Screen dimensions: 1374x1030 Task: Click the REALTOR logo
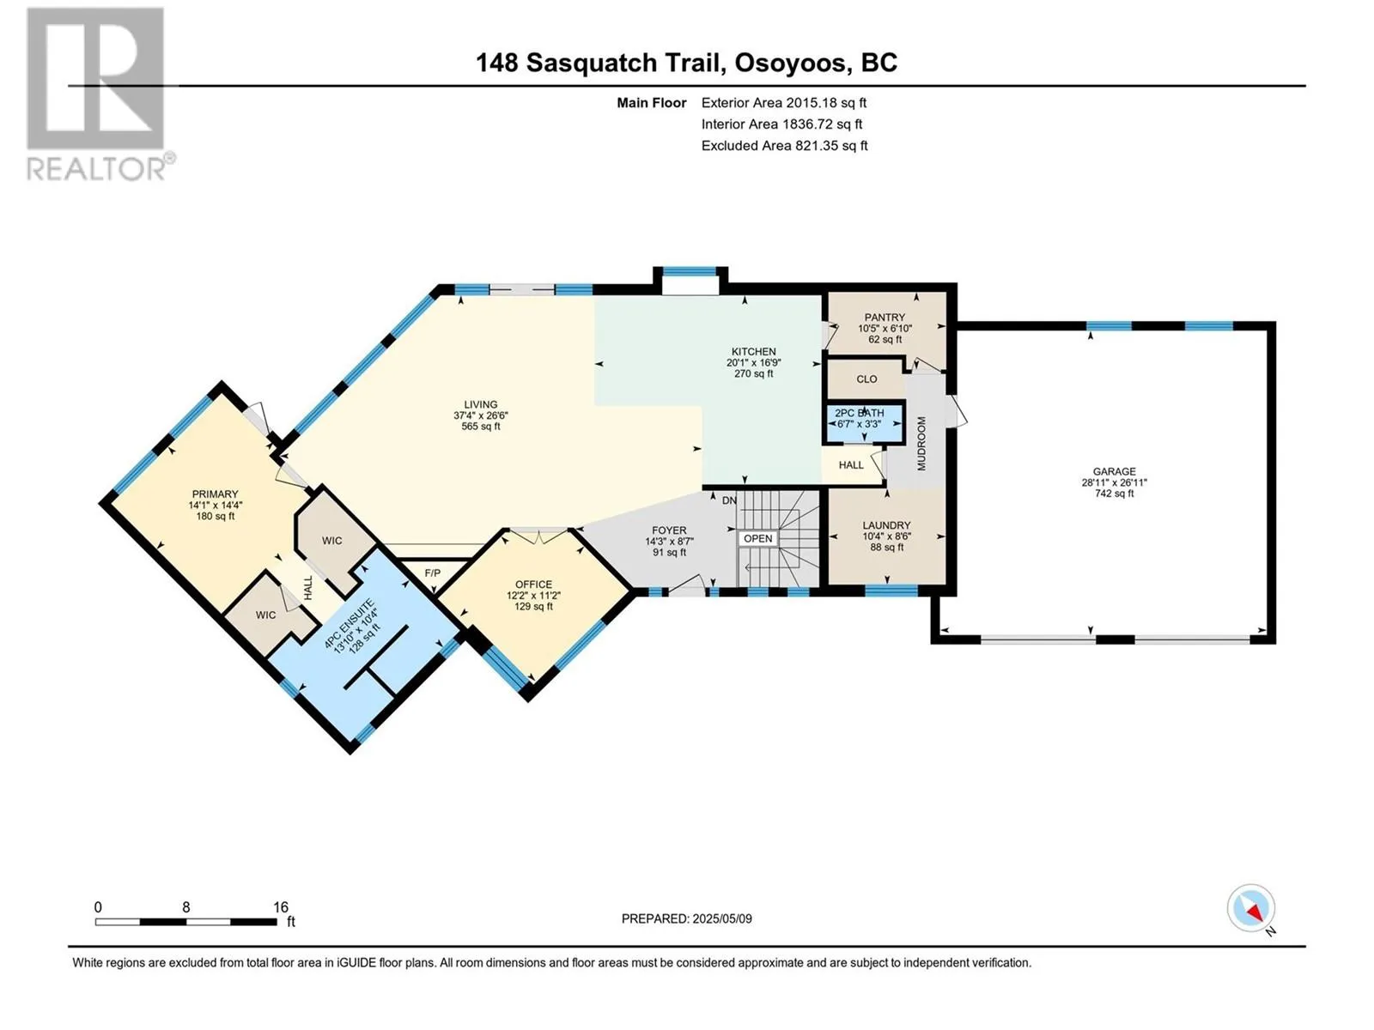tap(100, 94)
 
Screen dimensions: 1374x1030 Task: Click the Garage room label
tap(1114, 471)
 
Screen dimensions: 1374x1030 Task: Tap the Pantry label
tap(885, 317)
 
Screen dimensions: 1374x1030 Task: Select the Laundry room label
tap(885, 525)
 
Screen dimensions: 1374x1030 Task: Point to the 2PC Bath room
tap(863, 418)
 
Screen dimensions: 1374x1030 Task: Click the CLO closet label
tap(866, 379)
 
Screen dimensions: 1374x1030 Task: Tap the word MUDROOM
tap(921, 444)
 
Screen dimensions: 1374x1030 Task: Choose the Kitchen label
tap(753, 351)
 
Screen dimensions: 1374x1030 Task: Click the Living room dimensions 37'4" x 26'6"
tap(481, 415)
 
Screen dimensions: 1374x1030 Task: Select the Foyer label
tap(668, 530)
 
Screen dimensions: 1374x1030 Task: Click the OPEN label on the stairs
tap(757, 538)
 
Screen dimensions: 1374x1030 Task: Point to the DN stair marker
tap(729, 501)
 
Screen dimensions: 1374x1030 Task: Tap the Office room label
tap(533, 585)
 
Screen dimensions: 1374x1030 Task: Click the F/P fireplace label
tap(433, 573)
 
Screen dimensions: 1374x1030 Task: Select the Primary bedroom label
tap(215, 494)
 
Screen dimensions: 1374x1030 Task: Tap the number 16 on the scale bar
tap(280, 906)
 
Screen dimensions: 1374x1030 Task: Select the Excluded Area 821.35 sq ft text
tap(784, 146)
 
